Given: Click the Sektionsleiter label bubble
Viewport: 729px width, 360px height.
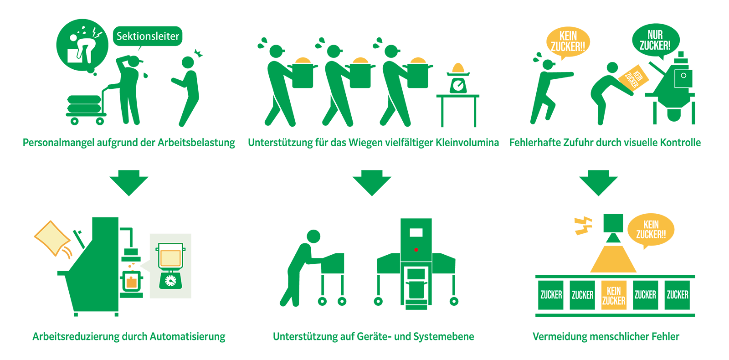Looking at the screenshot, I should point(148,36).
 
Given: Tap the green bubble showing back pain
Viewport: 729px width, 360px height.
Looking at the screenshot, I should point(82,45).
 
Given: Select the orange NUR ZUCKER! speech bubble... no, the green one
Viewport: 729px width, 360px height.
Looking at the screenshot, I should point(655,41).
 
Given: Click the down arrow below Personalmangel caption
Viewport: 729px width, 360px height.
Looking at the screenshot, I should point(129,183).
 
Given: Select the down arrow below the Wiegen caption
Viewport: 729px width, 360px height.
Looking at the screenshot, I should point(372,183).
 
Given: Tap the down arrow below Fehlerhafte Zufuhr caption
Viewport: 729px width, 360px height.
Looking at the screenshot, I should point(598,183).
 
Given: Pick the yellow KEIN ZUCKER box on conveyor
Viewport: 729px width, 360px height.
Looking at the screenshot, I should point(614,295).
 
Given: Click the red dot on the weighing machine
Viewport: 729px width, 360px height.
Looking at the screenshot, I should point(416,250).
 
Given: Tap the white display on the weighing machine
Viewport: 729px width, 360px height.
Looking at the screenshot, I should point(416,233).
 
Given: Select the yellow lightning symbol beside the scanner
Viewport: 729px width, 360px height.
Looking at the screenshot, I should point(583,225).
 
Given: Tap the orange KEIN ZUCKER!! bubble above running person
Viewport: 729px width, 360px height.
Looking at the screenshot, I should point(568,41).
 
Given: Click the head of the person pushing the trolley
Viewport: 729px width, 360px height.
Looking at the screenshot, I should point(313,236).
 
